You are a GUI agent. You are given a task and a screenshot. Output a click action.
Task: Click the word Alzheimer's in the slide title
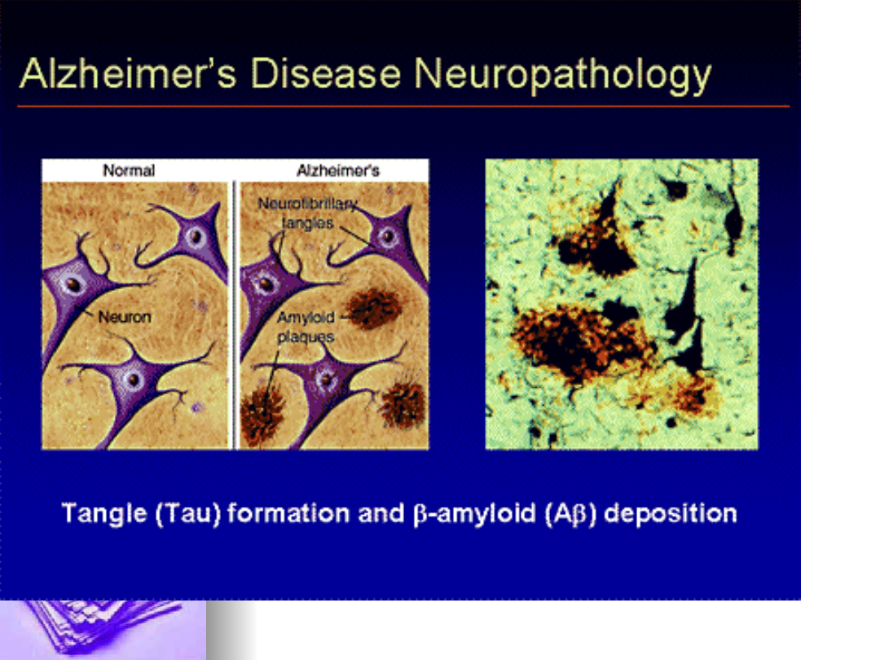click(128, 73)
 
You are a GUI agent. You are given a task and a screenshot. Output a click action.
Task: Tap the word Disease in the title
click(325, 73)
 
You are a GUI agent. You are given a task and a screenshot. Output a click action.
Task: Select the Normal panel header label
click(129, 170)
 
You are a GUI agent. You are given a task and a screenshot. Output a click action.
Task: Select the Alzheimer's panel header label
click(338, 170)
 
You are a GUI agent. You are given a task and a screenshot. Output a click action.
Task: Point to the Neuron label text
click(125, 316)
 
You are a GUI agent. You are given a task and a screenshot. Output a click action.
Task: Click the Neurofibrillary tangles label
click(307, 213)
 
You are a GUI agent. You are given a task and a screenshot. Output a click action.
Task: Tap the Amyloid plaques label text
click(306, 327)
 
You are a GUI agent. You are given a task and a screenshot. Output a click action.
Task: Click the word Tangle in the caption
click(103, 514)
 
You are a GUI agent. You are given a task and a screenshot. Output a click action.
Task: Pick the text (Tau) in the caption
click(188, 514)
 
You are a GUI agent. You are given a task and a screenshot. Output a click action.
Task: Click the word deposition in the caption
click(670, 513)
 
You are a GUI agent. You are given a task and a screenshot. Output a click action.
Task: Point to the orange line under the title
click(403, 105)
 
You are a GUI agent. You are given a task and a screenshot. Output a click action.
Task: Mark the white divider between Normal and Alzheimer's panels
click(234, 315)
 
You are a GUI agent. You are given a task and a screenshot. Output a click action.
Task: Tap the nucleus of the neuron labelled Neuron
click(73, 284)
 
